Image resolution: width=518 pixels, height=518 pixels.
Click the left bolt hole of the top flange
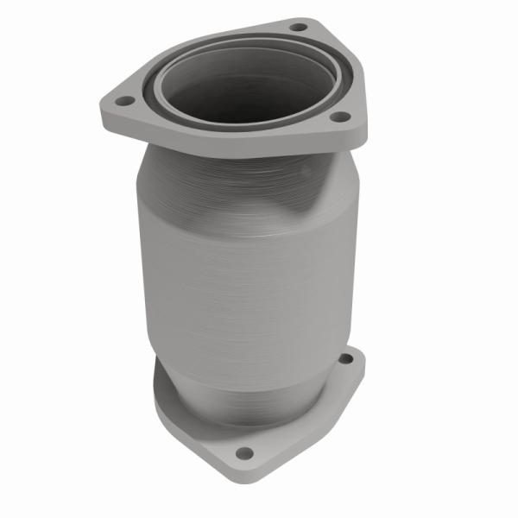pos(124,102)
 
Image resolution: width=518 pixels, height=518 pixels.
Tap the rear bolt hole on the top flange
pos(298,27)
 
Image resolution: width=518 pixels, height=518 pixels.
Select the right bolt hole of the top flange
pos(339,116)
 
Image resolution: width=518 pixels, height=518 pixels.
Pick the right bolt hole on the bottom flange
pos(346,358)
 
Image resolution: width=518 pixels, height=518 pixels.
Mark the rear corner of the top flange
pos(302,18)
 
